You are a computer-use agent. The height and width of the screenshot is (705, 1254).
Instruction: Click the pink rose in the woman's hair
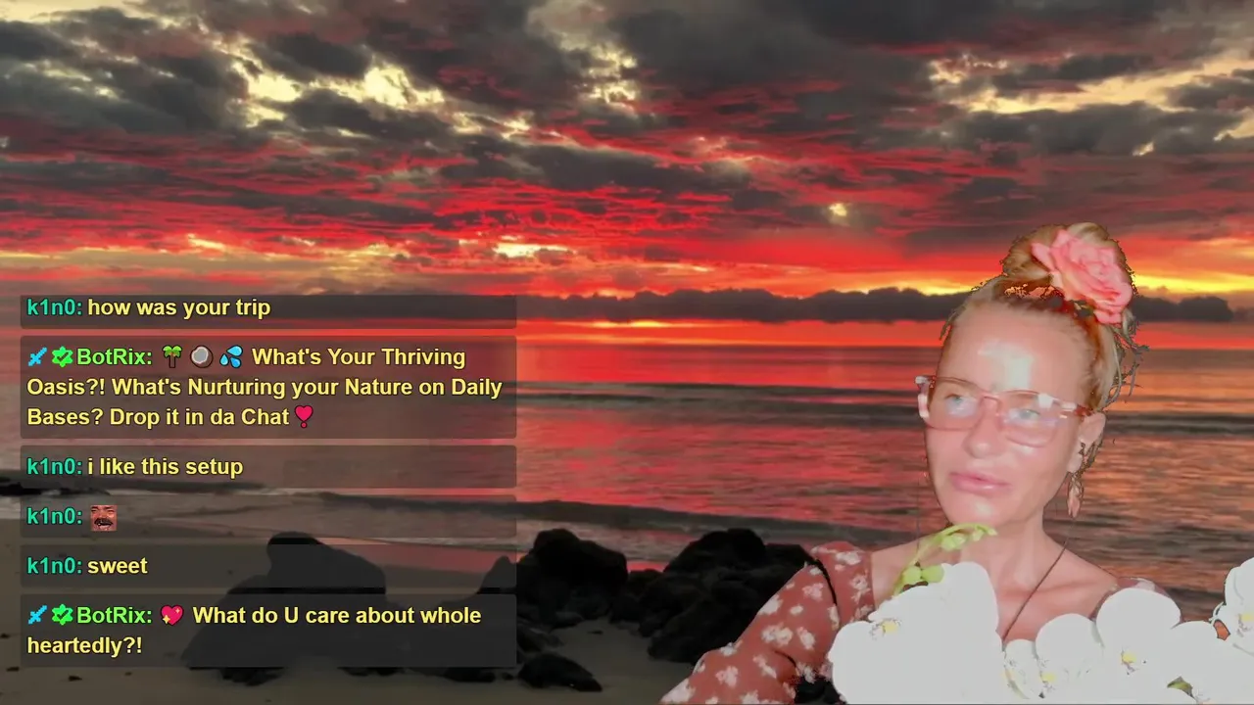(x=1084, y=274)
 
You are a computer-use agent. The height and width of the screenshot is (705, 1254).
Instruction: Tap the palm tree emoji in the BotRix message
(x=172, y=356)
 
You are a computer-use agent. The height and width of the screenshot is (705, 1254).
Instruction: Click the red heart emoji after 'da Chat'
(x=304, y=416)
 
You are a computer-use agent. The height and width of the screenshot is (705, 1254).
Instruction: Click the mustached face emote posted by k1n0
(x=104, y=517)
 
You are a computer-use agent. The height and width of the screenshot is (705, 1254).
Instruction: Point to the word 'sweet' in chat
(x=118, y=566)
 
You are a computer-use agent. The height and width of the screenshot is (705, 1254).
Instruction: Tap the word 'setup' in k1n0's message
(x=215, y=467)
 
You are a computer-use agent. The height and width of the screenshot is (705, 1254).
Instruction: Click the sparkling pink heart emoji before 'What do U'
(x=171, y=615)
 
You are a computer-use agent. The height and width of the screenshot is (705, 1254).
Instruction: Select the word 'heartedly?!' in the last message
(x=84, y=645)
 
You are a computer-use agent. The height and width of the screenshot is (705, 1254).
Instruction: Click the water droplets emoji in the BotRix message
(x=231, y=356)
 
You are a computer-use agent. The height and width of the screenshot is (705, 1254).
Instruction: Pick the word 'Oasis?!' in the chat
(x=66, y=387)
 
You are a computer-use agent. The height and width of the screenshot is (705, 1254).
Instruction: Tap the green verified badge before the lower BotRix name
(x=62, y=615)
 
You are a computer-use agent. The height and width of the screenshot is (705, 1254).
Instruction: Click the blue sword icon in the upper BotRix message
(x=37, y=356)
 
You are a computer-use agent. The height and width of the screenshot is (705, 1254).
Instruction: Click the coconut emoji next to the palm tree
(x=202, y=356)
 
